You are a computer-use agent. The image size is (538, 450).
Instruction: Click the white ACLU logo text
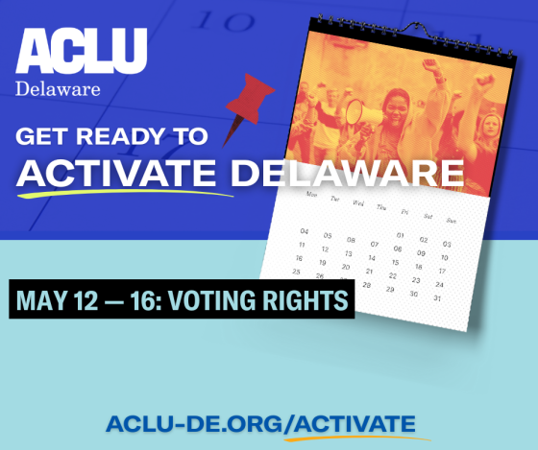[82, 51]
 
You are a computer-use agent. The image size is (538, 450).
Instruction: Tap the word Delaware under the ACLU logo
[58, 89]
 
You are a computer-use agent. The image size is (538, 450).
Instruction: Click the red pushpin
[248, 107]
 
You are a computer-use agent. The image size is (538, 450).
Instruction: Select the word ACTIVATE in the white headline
[116, 173]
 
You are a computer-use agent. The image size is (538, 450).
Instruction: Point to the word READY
[120, 136]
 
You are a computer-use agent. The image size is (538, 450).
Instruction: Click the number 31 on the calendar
[437, 298]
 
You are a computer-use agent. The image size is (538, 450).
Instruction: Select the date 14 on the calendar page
[372, 258]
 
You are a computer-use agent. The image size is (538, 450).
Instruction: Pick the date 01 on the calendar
[400, 235]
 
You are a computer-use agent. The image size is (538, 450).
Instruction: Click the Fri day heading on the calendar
[404, 212]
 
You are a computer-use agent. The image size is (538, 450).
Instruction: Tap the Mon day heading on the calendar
[311, 195]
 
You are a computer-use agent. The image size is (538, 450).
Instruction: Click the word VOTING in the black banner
[211, 300]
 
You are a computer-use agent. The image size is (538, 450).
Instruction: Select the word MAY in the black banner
[42, 300]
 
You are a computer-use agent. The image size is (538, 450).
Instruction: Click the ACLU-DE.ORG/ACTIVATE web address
[260, 423]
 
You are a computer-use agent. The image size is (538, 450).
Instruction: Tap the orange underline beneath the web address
[356, 438]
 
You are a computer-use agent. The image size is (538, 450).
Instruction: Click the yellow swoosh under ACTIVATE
[125, 193]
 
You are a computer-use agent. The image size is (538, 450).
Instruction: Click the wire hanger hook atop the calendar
[417, 29]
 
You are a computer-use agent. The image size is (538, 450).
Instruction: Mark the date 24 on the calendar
[440, 284]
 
